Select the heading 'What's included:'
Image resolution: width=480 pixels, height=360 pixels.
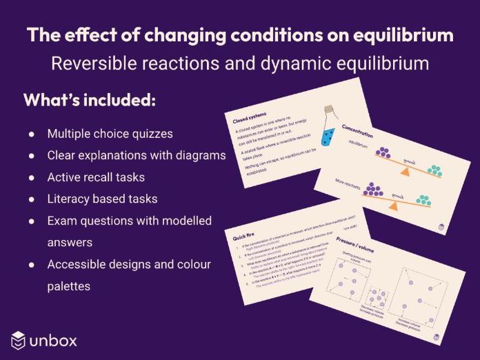tap(90, 100)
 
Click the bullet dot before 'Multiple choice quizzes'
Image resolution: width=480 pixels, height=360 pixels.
tap(32, 133)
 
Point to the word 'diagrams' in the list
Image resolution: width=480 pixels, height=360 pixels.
tap(199, 155)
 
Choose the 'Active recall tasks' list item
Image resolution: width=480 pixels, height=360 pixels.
tap(96, 177)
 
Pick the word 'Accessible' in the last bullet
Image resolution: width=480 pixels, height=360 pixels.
tap(77, 265)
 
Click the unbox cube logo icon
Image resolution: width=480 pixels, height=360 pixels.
tap(18, 339)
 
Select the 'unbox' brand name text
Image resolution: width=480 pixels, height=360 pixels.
tap(54, 340)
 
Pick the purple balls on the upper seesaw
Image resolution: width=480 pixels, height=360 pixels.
tap(383, 154)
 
